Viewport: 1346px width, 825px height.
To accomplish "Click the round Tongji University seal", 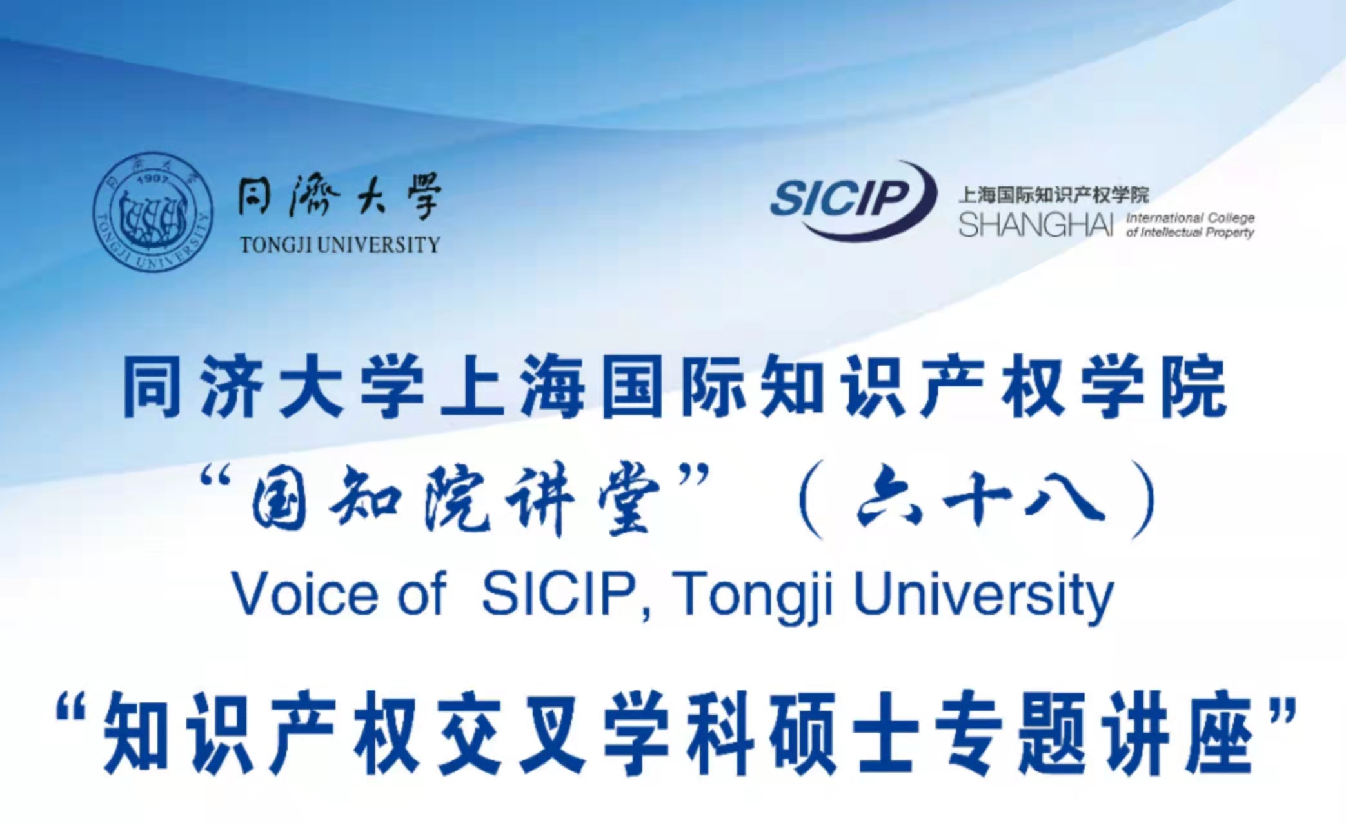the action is coord(153,211).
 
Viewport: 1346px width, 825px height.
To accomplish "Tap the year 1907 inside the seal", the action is coord(153,177).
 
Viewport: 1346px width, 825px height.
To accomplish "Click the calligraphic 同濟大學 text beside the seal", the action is coord(339,195).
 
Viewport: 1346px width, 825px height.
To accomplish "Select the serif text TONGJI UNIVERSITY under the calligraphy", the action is coord(340,245).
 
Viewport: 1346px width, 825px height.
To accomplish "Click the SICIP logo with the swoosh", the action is coord(853,199).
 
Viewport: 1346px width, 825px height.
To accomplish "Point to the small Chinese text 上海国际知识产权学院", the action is coord(1054,194).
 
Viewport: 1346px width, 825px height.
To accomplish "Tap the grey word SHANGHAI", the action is coord(1036,224).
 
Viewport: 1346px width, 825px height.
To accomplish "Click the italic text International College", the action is coord(1190,217).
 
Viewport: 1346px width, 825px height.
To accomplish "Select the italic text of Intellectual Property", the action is coord(1190,232).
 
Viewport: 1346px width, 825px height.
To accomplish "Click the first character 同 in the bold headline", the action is coord(152,389).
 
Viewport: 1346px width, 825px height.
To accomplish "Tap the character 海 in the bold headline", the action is coord(553,389).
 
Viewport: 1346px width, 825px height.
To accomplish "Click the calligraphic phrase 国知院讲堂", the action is coord(455,501).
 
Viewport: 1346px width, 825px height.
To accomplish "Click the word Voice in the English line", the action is coord(304,594).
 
